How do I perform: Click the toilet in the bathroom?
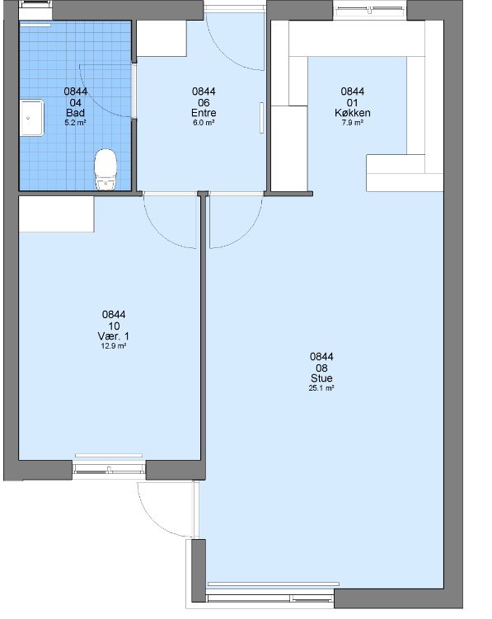pyautogui.click(x=105, y=169)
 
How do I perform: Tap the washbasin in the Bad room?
pyautogui.click(x=32, y=118)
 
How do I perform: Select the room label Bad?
pyautogui.click(x=75, y=113)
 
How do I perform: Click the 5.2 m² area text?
pyautogui.click(x=75, y=123)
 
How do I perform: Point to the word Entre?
pyautogui.click(x=204, y=113)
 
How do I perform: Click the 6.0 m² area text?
pyautogui.click(x=204, y=123)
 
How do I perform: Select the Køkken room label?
pyautogui.click(x=352, y=113)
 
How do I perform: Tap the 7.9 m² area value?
pyautogui.click(x=352, y=123)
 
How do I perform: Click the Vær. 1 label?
pyautogui.click(x=114, y=336)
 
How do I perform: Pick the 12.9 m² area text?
pyautogui.click(x=114, y=346)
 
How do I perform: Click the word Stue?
pyautogui.click(x=321, y=378)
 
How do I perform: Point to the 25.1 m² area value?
pyautogui.click(x=321, y=388)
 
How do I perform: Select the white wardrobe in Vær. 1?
pyautogui.click(x=57, y=214)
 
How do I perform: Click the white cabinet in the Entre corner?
pyautogui.click(x=162, y=39)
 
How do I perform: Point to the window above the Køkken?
pyautogui.click(x=369, y=11)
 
